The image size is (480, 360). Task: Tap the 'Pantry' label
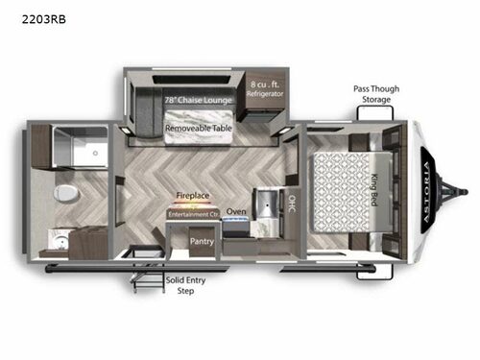(x=202, y=242)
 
